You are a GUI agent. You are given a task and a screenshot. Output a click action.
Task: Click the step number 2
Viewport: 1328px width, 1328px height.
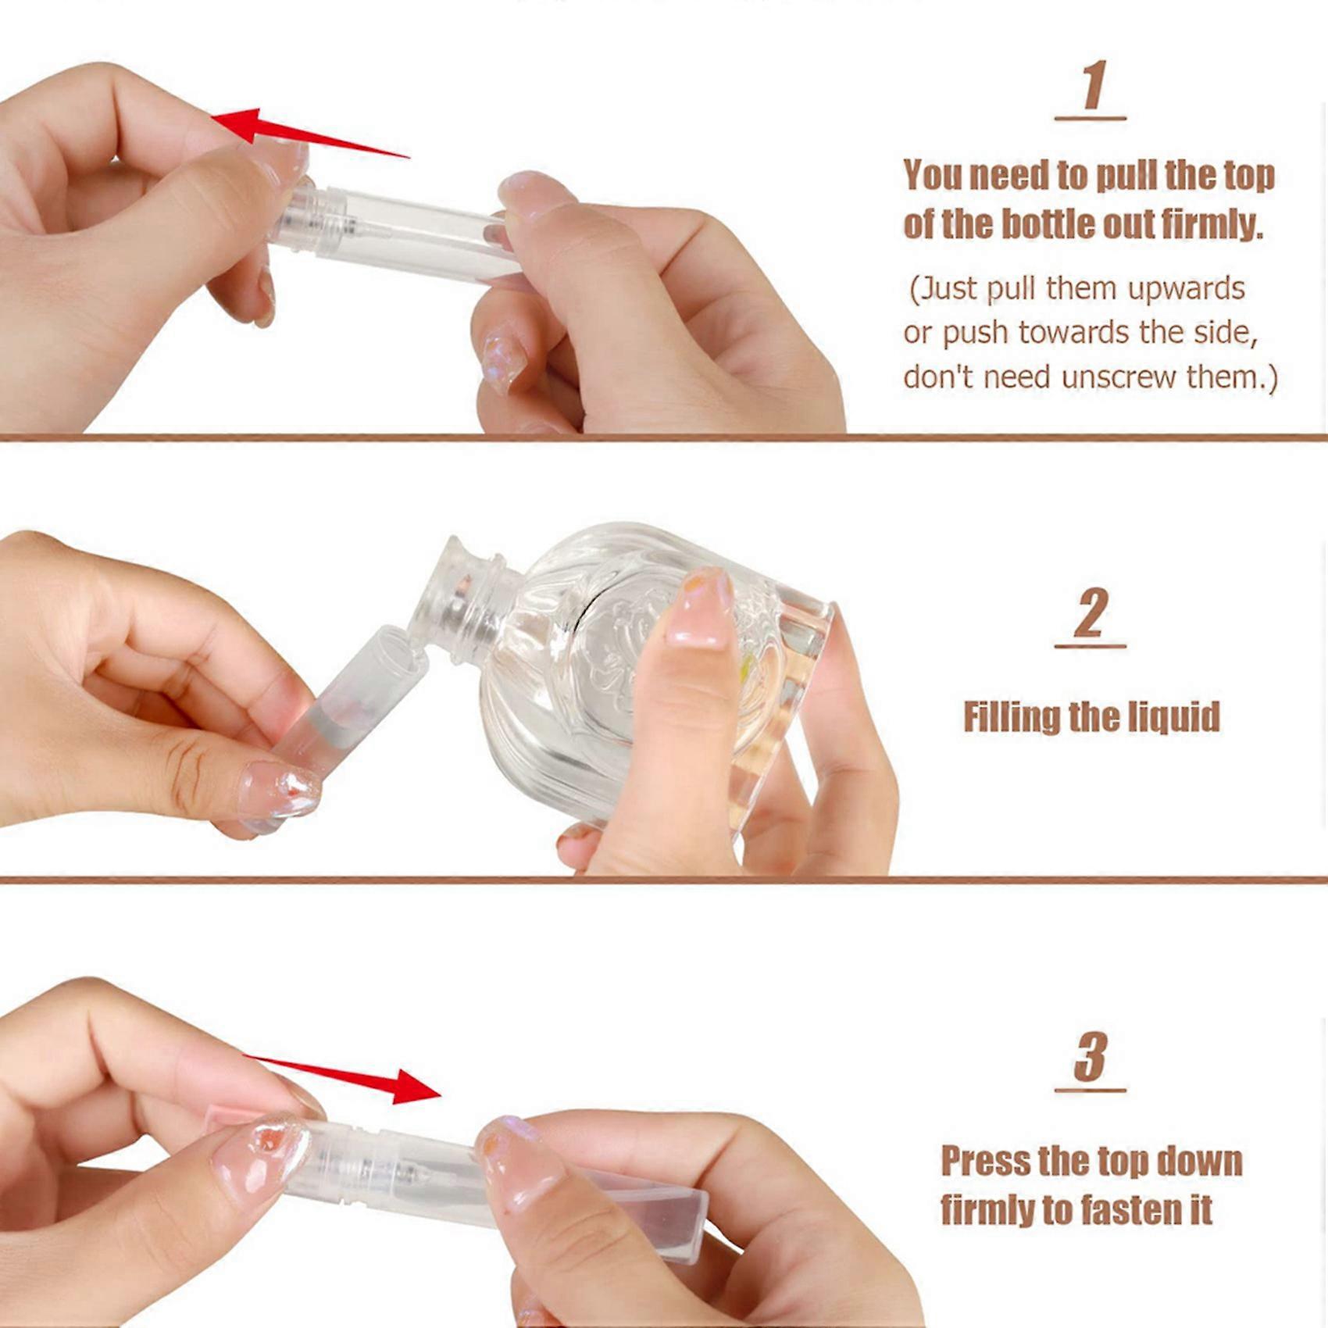pyautogui.click(x=1091, y=614)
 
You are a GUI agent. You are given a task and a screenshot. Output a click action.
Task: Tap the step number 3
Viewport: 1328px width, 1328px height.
pyautogui.click(x=1091, y=1056)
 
